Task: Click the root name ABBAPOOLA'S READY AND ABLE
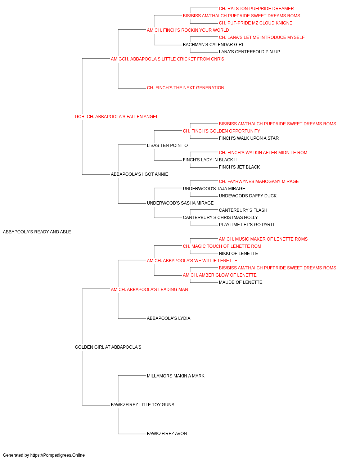pos(37,232)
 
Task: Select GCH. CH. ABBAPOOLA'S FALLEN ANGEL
pos(116,117)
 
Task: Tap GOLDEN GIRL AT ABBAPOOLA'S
pos(108,347)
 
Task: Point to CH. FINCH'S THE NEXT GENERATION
pos(185,88)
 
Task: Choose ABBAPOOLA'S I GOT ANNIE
pos(139,174)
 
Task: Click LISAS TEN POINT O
pos(167,145)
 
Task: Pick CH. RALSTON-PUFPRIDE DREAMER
pos(256,9)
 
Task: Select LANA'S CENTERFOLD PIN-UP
pos(249,52)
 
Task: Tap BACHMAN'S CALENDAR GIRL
pos(213,45)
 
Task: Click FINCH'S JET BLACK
pos(239,167)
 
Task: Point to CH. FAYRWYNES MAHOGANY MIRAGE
pos(258,182)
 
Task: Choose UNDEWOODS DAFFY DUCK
pos(248,196)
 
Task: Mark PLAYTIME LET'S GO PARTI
pos(246,225)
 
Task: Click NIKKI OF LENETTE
pos(238,254)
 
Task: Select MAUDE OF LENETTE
pos(240,282)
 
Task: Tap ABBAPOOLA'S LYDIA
pos(168,318)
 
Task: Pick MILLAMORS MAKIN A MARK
pos(176,376)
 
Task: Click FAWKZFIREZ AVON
pos(167,434)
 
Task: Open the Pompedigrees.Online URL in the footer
pos(57,455)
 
